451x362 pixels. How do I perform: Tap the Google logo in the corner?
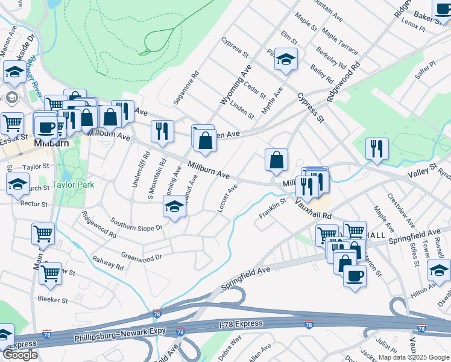[20, 355]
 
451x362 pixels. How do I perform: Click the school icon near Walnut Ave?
[174, 206]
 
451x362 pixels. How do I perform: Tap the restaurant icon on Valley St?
[377, 148]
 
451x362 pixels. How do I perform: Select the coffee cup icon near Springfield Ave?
[355, 276]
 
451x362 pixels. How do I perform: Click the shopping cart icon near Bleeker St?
[50, 273]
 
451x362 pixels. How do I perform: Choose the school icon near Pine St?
[286, 58]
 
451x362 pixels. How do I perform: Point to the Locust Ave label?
[228, 198]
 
